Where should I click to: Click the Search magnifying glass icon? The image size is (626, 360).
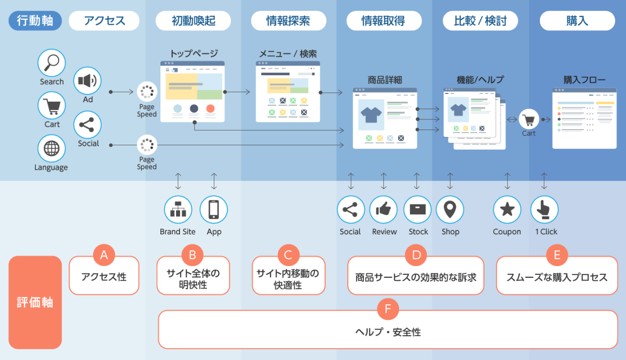pos(52,63)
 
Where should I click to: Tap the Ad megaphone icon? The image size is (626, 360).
pos(88,81)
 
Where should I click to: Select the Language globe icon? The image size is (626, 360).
pos(51,148)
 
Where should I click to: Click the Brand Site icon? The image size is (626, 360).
pos(178,210)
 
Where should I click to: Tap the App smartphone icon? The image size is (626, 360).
pos(214,210)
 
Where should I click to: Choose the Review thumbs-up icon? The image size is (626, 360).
pos(383,210)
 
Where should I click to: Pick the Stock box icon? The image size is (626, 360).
pos(418,210)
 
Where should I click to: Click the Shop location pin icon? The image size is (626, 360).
pos(450,210)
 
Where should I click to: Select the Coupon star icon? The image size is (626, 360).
pos(507,210)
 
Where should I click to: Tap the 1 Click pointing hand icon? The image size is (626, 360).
pos(544,210)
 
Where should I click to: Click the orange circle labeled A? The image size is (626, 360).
pos(104,255)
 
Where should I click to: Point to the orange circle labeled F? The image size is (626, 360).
pos(388,309)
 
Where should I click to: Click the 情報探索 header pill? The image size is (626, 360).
pos(288,21)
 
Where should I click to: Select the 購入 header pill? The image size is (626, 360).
pos(577,21)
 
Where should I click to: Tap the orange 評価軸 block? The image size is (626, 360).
pos(35,302)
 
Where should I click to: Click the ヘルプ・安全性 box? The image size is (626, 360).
pos(388,333)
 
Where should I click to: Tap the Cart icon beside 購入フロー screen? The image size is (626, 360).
pos(529,119)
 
